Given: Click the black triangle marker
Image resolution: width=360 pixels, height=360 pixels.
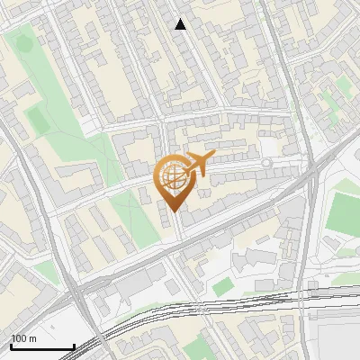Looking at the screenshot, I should point(181,24).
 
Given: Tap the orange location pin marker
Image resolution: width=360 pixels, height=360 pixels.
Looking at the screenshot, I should point(175,183).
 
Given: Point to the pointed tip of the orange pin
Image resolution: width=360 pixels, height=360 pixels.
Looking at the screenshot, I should point(174,211).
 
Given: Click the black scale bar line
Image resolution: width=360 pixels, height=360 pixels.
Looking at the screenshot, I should point(41,346).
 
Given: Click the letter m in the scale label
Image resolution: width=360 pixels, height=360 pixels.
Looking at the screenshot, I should point(32,338).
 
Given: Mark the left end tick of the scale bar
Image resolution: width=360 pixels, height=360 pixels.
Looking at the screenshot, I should point(10,345).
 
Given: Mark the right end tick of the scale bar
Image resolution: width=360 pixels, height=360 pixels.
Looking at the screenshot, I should point(74,345).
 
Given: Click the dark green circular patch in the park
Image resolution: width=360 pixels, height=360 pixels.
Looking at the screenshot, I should point(24,40).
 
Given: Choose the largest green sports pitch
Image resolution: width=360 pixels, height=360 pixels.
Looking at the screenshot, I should point(343,211).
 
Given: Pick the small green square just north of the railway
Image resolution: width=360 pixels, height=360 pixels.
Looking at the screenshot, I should point(222,286).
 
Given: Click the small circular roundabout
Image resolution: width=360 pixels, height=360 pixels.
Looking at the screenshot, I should point(266,163).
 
